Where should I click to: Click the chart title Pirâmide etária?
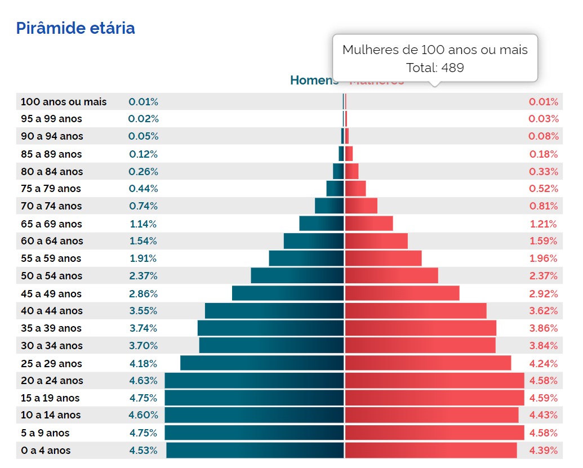click(75, 28)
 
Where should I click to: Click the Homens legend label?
click(314, 81)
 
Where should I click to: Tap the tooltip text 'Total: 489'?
click(435, 68)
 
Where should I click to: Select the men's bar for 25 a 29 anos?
click(262, 363)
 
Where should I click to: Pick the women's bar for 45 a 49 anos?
click(402, 293)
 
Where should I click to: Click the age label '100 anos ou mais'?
click(64, 102)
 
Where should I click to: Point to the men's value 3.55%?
click(143, 311)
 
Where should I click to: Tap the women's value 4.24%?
click(544, 363)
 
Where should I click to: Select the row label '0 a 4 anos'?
click(46, 451)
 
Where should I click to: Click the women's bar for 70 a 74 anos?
click(361, 206)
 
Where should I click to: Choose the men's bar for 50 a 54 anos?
click(297, 276)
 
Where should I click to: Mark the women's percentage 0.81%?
click(544, 206)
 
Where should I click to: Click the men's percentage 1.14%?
click(143, 224)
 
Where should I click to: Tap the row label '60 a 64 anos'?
click(52, 241)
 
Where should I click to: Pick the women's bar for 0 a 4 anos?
click(431, 451)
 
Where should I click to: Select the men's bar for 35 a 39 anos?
click(270, 328)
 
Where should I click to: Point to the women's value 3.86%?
click(544, 328)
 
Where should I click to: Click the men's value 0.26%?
click(143, 172)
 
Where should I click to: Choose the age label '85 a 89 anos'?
click(51, 154)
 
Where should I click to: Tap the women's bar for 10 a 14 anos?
click(431, 415)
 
